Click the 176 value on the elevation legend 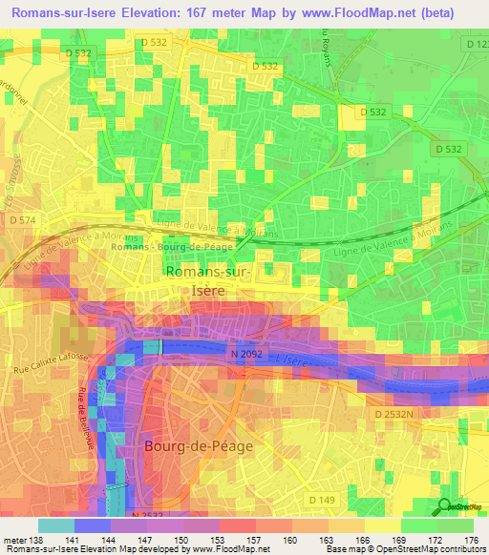[x=472, y=540]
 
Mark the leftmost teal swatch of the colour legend [x=55, y=525]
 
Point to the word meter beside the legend [x=14, y=540]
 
